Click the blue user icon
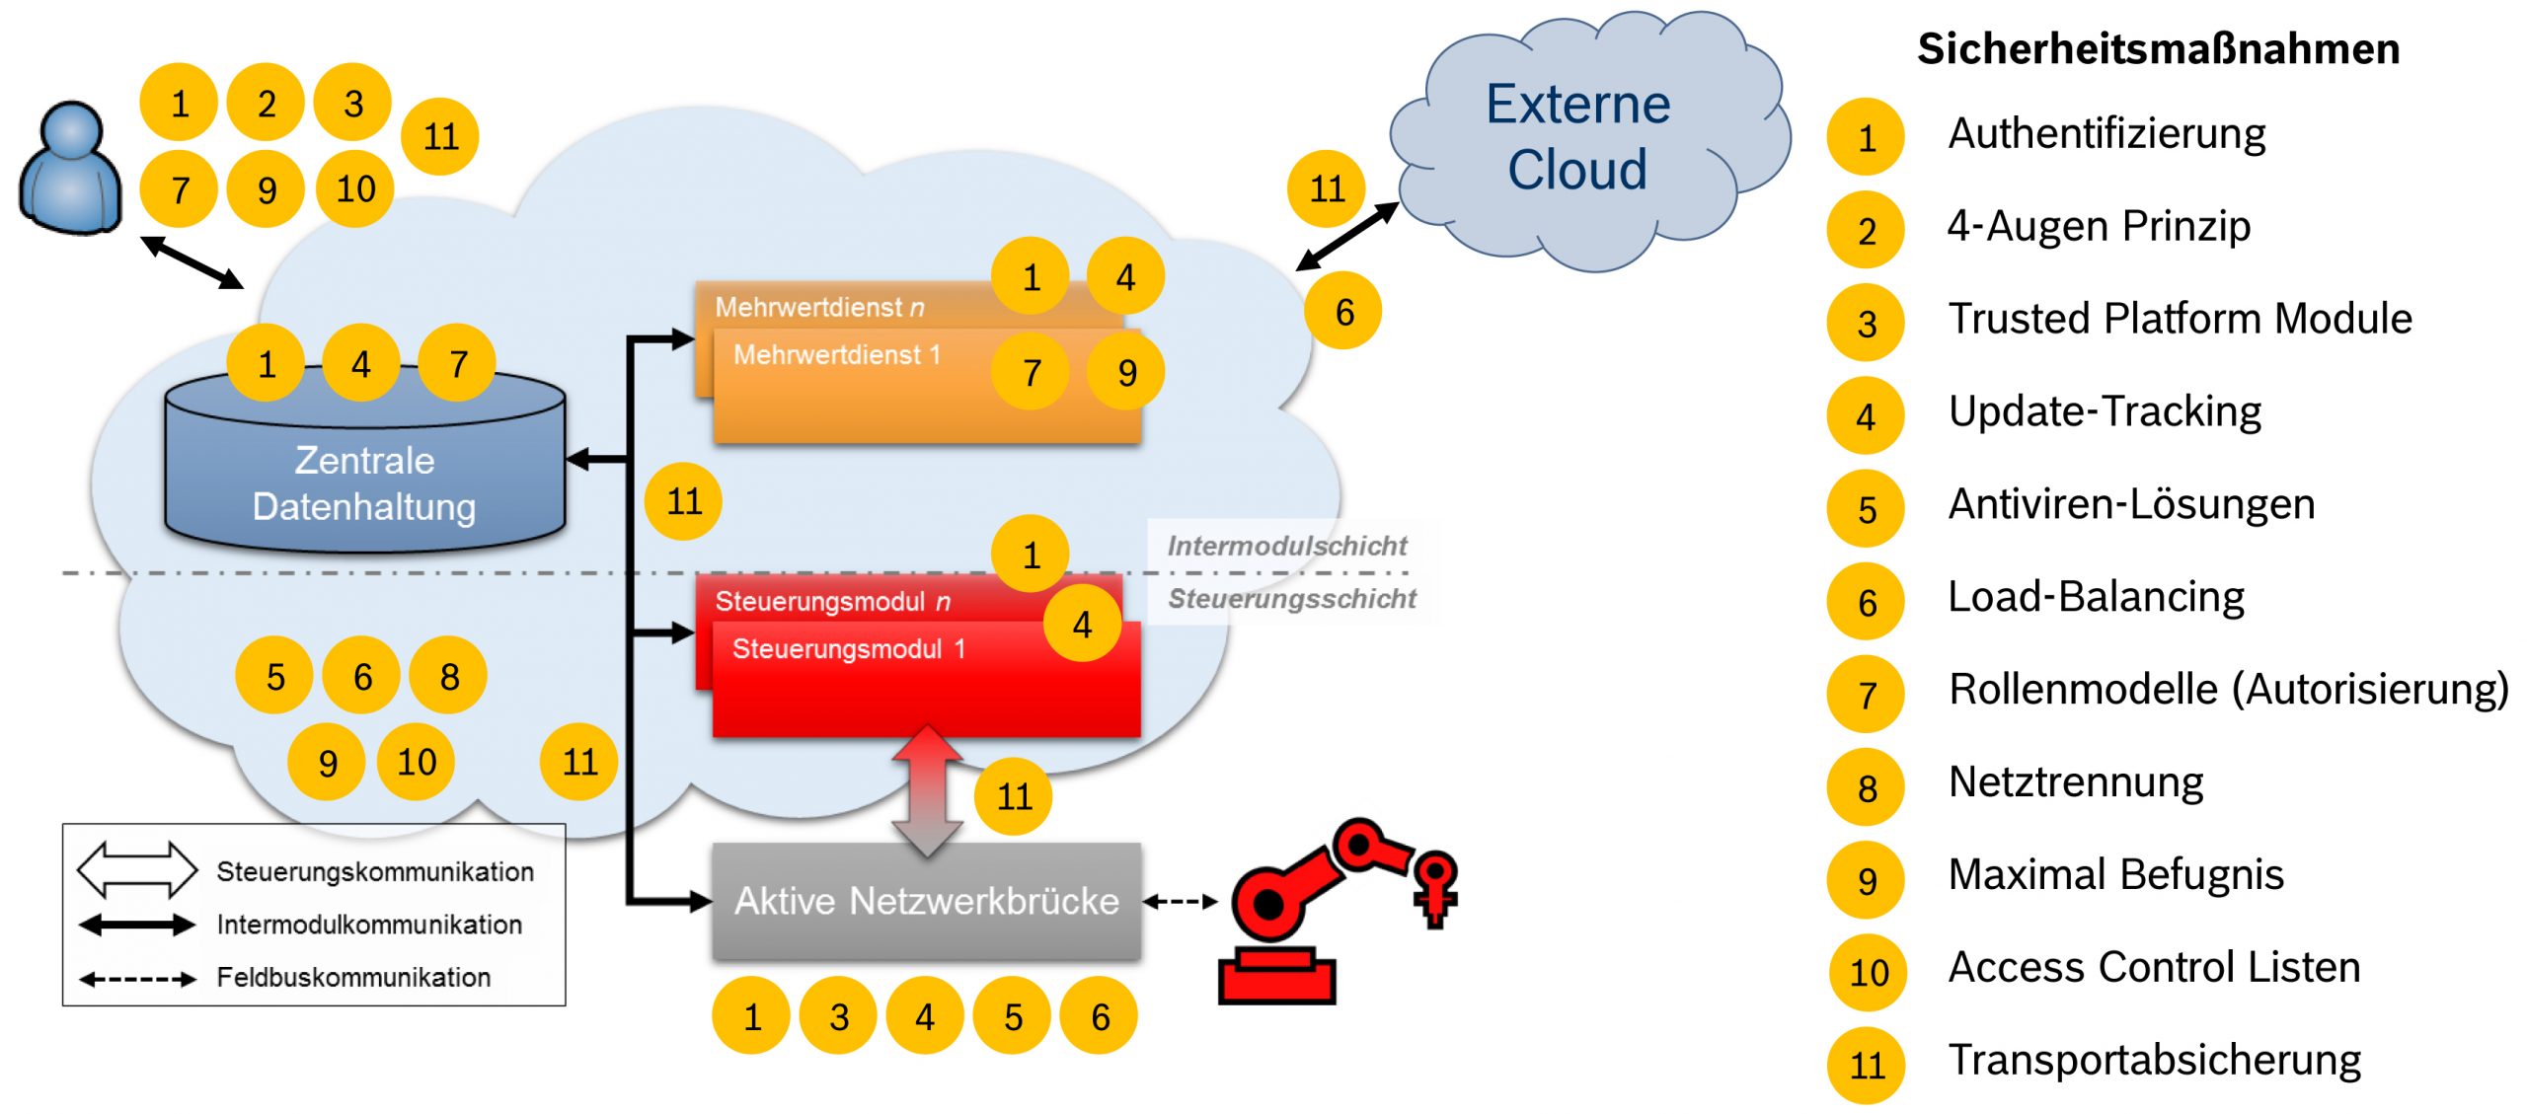click(70, 168)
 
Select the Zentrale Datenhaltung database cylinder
click(364, 474)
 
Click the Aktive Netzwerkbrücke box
click(926, 901)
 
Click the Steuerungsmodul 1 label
click(848, 649)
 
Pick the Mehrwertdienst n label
click(819, 307)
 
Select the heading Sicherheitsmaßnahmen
click(2158, 49)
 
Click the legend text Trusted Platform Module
click(2180, 319)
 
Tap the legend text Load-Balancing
click(2096, 597)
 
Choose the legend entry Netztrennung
click(2075, 782)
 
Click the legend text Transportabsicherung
click(2154, 1061)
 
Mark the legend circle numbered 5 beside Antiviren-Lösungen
click(1866, 509)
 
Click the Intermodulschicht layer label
click(1286, 546)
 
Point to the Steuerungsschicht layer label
click(1291, 599)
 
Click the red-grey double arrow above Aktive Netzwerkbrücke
click(926, 789)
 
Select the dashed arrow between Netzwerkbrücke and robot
click(1180, 901)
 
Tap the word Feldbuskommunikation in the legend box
click(353, 978)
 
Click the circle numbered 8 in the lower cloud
click(449, 676)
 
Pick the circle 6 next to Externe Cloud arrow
click(1343, 312)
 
